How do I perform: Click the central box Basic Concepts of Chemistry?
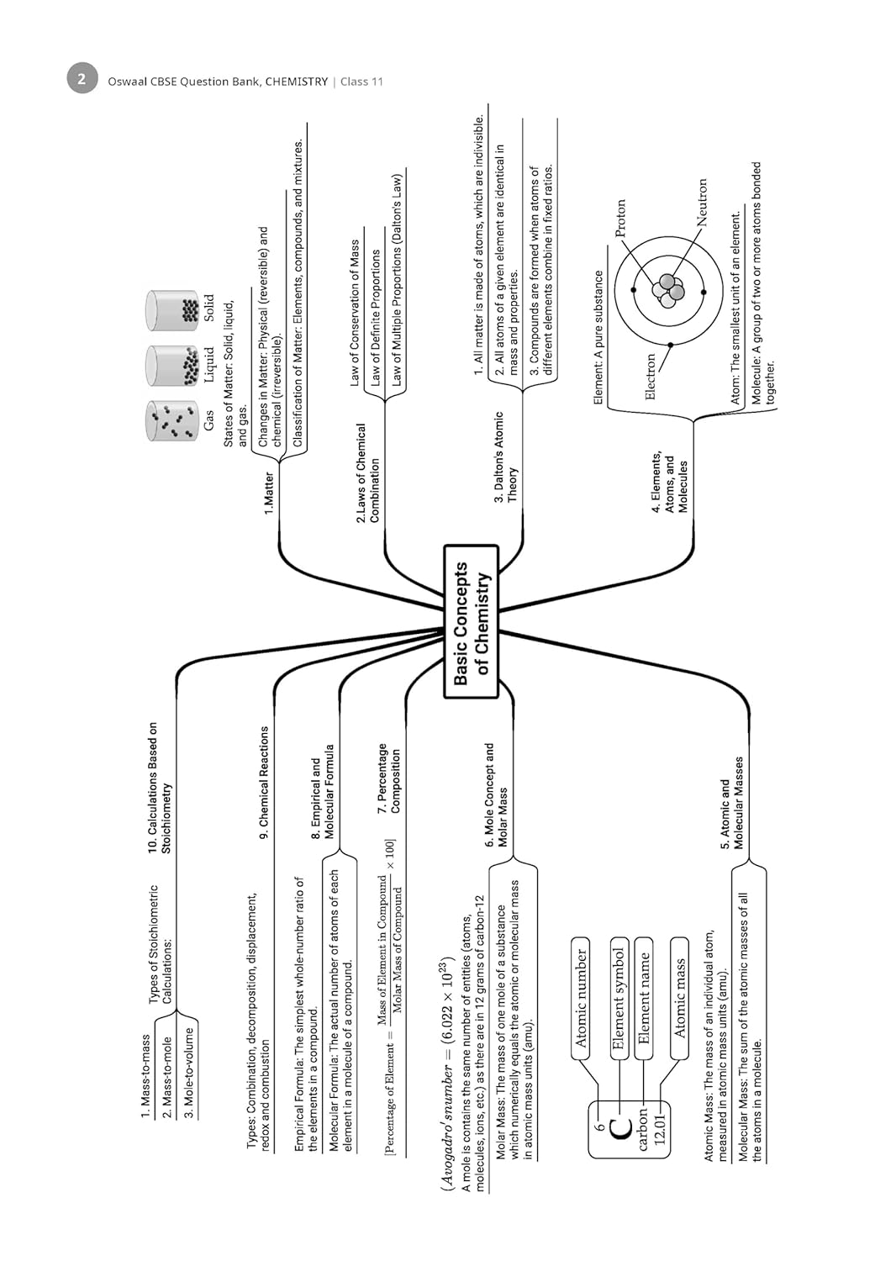click(x=471, y=621)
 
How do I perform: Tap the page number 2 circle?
click(x=82, y=79)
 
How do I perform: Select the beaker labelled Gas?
click(x=173, y=420)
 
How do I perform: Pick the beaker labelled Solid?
click(x=173, y=310)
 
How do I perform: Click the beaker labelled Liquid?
click(x=173, y=366)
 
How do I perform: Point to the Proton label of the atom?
click(x=620, y=219)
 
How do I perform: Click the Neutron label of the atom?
click(x=701, y=202)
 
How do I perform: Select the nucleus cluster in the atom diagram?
click(x=667, y=291)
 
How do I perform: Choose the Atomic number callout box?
click(x=580, y=998)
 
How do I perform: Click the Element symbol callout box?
click(x=619, y=998)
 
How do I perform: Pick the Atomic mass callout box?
click(x=679, y=998)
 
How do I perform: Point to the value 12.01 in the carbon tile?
click(x=660, y=1129)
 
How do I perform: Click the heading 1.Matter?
click(x=269, y=493)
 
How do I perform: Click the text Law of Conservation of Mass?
click(x=355, y=314)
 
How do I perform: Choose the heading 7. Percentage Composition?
click(x=388, y=778)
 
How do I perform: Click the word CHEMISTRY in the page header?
click(x=297, y=82)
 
